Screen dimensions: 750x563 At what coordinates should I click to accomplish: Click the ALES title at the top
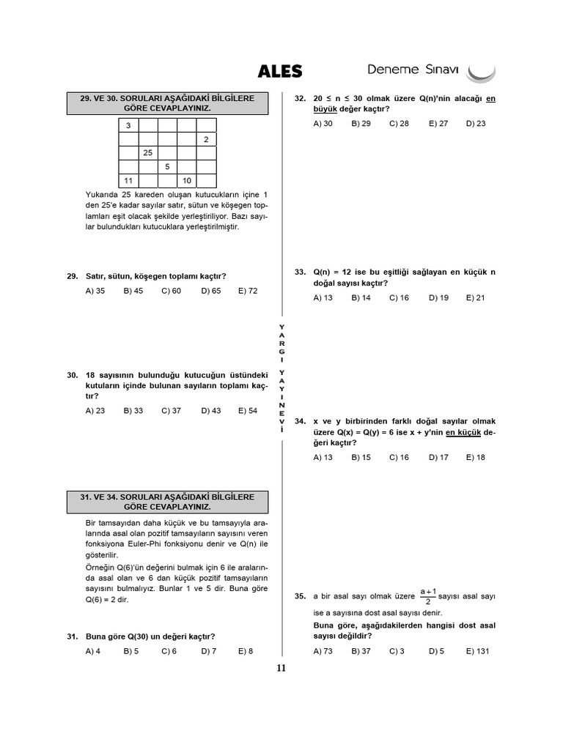pyautogui.click(x=279, y=71)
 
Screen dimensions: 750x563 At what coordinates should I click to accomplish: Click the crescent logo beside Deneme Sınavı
pyautogui.click(x=482, y=72)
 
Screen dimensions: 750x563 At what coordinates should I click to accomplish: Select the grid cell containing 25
pyautogui.click(x=148, y=152)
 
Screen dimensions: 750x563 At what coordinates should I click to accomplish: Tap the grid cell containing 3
pyautogui.click(x=128, y=125)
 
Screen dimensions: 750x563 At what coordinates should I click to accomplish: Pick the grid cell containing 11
pyautogui.click(x=128, y=180)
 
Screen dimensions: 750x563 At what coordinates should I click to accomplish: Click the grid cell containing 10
pyautogui.click(x=187, y=180)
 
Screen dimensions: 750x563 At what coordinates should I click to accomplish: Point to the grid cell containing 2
pyautogui.click(x=206, y=139)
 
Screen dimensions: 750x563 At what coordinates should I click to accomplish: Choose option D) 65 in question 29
pyautogui.click(x=211, y=291)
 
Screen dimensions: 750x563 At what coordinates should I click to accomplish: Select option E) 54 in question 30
pyautogui.click(x=248, y=411)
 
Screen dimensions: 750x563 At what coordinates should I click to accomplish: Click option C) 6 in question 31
pyautogui.click(x=169, y=651)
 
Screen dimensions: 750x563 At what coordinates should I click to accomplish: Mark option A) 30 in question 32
pyautogui.click(x=323, y=124)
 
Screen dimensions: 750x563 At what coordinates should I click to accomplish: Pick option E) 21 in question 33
pyautogui.click(x=475, y=298)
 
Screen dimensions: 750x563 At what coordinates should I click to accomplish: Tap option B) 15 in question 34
pyautogui.click(x=361, y=458)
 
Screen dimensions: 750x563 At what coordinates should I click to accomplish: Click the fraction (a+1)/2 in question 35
pyautogui.click(x=429, y=596)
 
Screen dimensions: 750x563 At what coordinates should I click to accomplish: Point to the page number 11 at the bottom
pyautogui.click(x=281, y=667)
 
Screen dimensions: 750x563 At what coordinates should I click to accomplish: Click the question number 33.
pyautogui.click(x=300, y=272)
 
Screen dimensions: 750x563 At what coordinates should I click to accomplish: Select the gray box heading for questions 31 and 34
pyautogui.click(x=167, y=502)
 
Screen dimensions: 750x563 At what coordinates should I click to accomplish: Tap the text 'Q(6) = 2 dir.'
pyautogui.click(x=111, y=599)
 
